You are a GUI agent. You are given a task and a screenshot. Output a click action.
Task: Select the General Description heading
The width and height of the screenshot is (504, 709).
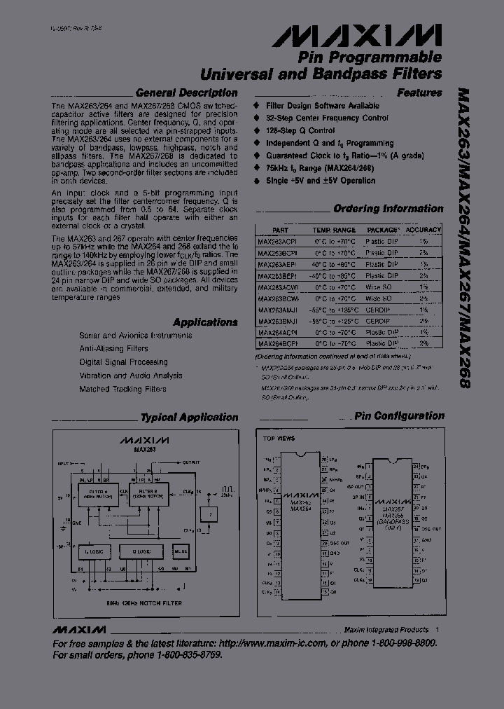[x=186, y=92]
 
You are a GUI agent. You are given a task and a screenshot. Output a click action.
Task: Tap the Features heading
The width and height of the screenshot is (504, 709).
[x=419, y=92]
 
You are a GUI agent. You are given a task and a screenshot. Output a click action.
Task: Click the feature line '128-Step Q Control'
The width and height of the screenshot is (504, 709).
[x=300, y=130]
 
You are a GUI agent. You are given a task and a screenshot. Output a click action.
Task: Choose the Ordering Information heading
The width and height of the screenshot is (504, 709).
[x=388, y=209]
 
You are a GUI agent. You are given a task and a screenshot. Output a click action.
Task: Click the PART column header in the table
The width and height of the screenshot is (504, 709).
[x=280, y=230]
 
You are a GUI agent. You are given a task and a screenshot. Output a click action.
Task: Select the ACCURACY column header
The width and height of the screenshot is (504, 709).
[x=423, y=230]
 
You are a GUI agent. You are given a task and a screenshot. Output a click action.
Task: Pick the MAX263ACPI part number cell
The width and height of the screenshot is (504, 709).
[x=277, y=241]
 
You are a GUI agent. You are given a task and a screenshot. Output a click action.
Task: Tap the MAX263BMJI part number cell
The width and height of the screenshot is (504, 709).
[x=277, y=321]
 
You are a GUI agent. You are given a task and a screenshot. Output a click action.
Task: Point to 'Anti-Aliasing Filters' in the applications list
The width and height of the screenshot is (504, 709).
[x=113, y=349]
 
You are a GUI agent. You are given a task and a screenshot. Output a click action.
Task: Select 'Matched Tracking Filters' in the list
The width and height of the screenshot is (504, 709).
[x=122, y=389]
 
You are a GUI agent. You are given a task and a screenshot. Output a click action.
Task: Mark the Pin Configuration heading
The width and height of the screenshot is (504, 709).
[x=399, y=416]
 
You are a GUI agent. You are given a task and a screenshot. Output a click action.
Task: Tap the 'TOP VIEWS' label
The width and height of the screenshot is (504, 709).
[x=279, y=439]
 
